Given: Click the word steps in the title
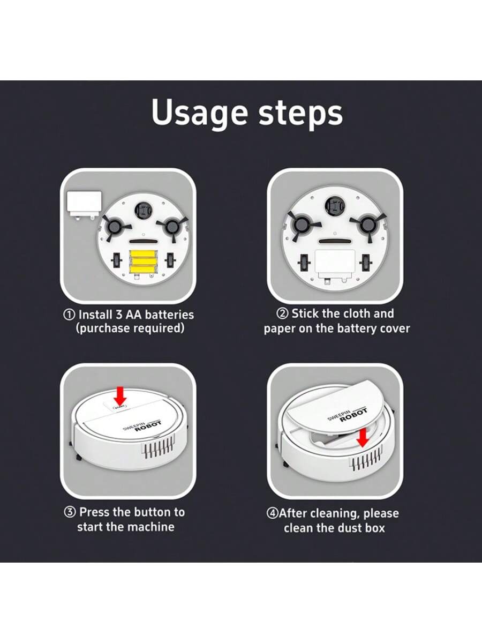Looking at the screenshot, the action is pyautogui.click(x=300, y=113).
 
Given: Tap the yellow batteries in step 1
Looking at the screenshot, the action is pyautogui.click(x=143, y=261).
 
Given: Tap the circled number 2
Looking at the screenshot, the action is pyautogui.click(x=282, y=314).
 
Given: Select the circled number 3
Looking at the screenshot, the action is pyautogui.click(x=70, y=512).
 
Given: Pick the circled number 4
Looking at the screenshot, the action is pyautogui.click(x=272, y=513).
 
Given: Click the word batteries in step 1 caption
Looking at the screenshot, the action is pyautogui.click(x=169, y=315).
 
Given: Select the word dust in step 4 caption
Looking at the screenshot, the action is pyautogui.click(x=349, y=528).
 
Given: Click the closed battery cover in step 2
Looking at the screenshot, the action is pyautogui.click(x=335, y=263).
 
